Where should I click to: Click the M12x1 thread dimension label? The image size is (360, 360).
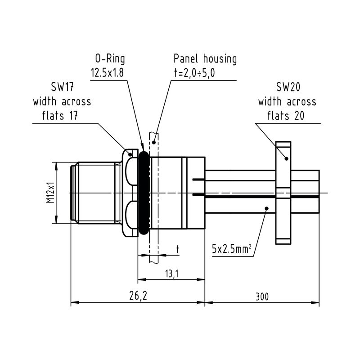[x=50, y=193]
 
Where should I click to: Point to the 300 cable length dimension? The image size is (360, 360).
[x=262, y=297]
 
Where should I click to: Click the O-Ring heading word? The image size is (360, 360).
[x=109, y=59]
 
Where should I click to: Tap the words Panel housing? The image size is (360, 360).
[x=205, y=59]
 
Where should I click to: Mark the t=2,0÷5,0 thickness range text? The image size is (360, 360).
[x=195, y=73]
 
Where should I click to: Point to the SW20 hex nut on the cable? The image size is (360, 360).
[x=284, y=193]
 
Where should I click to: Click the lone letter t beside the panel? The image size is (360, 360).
[x=177, y=248]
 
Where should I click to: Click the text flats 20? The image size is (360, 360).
[x=286, y=116]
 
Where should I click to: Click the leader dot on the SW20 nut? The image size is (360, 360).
[x=286, y=158]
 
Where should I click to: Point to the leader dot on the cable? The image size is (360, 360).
[x=266, y=208]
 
